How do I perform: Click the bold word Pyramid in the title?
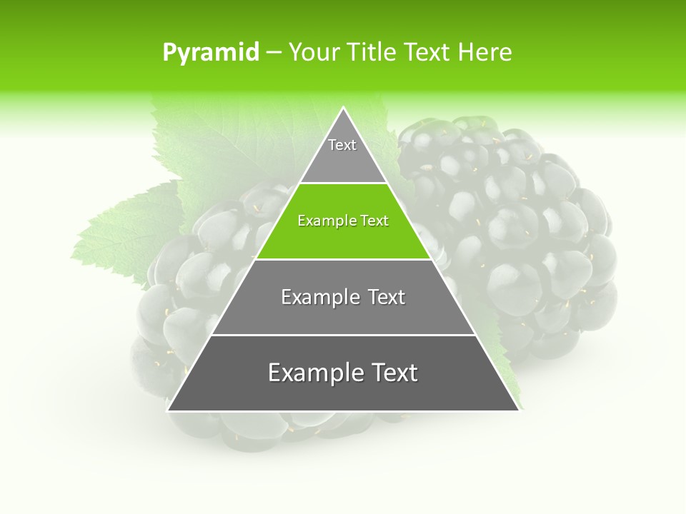click(211, 53)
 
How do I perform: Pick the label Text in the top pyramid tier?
click(342, 145)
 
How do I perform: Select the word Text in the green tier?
click(374, 221)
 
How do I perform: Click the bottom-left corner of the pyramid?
click(169, 410)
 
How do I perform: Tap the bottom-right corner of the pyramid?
click(518, 410)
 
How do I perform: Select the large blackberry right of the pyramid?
click(514, 228)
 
